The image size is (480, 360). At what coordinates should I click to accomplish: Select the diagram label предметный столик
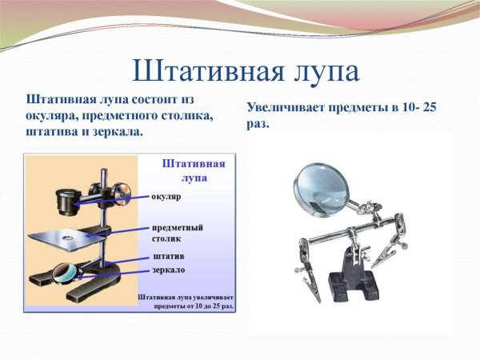coord(177,233)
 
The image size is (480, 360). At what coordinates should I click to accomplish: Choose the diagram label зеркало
coord(170,270)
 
